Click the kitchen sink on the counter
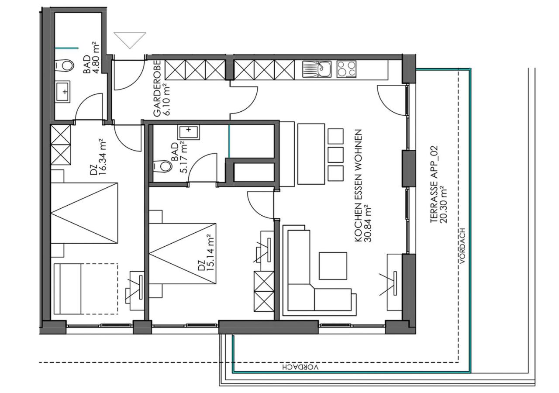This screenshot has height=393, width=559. click(x=317, y=69)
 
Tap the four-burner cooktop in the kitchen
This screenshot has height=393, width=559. click(x=346, y=69)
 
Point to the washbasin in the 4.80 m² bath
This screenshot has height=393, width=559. click(x=62, y=91)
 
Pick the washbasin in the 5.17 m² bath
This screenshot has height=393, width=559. click(x=189, y=132)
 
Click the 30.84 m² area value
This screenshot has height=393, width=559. click(x=368, y=224)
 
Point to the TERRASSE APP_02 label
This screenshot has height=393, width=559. click(x=434, y=184)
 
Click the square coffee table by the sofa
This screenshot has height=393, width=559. click(x=333, y=266)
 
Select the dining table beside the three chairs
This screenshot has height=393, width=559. click(x=311, y=154)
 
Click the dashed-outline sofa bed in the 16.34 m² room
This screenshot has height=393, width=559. click(x=86, y=289)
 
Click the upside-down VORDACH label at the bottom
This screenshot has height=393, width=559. click(x=300, y=367)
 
